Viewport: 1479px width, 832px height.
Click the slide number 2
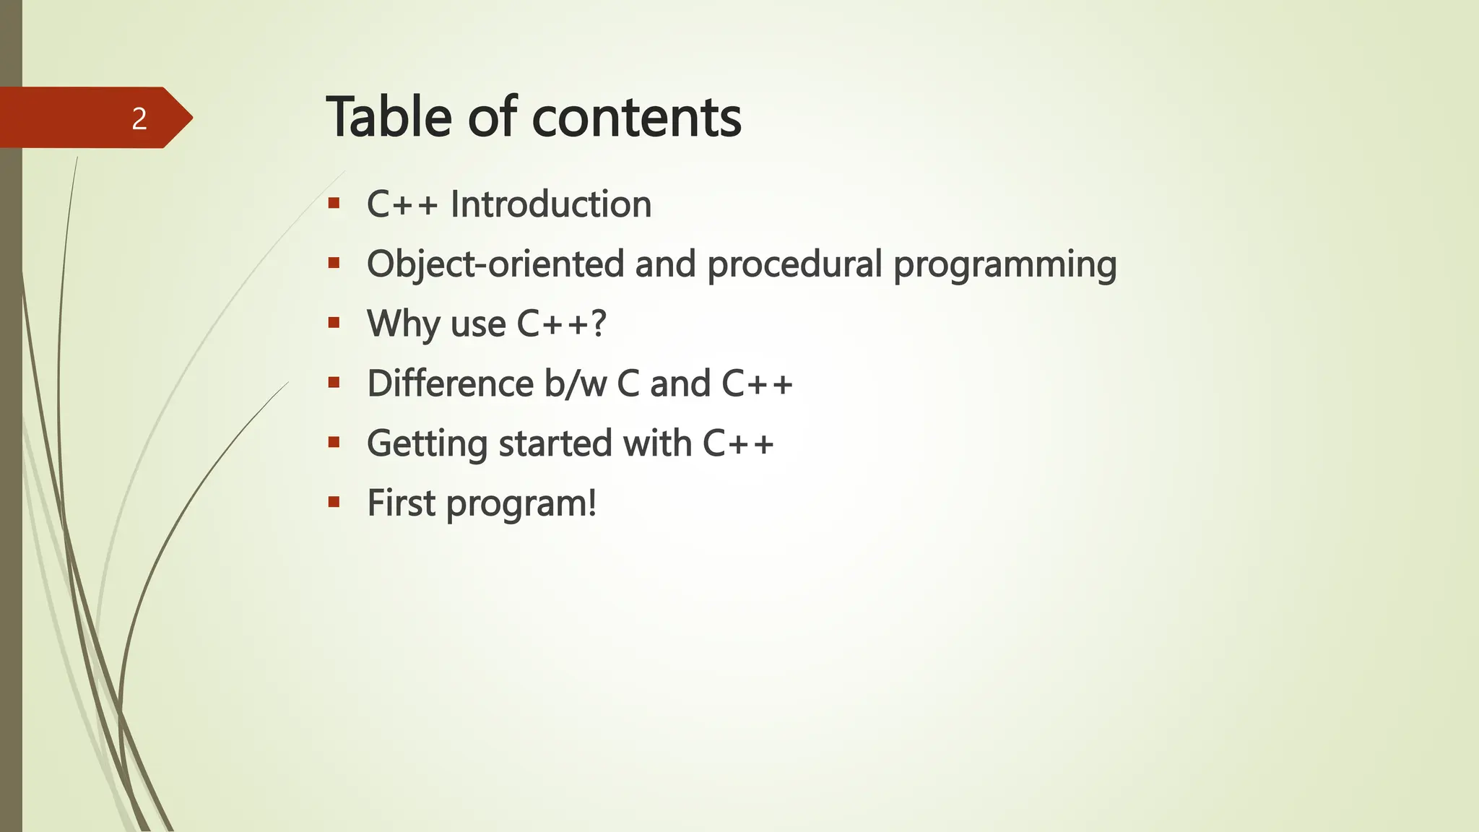139,118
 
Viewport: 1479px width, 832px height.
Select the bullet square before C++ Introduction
334,204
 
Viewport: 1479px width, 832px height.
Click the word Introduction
551,204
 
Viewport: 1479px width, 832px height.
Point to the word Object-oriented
495,264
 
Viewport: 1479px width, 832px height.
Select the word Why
403,324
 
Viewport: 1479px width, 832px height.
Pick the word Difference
450,383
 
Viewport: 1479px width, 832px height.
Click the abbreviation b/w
575,383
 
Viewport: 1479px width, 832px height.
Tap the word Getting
427,444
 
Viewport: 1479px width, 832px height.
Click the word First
401,503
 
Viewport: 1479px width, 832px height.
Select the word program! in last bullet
521,504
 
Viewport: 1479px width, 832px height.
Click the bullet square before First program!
334,502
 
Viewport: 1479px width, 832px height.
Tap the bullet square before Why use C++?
334,323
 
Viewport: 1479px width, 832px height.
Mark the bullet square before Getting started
334,442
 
